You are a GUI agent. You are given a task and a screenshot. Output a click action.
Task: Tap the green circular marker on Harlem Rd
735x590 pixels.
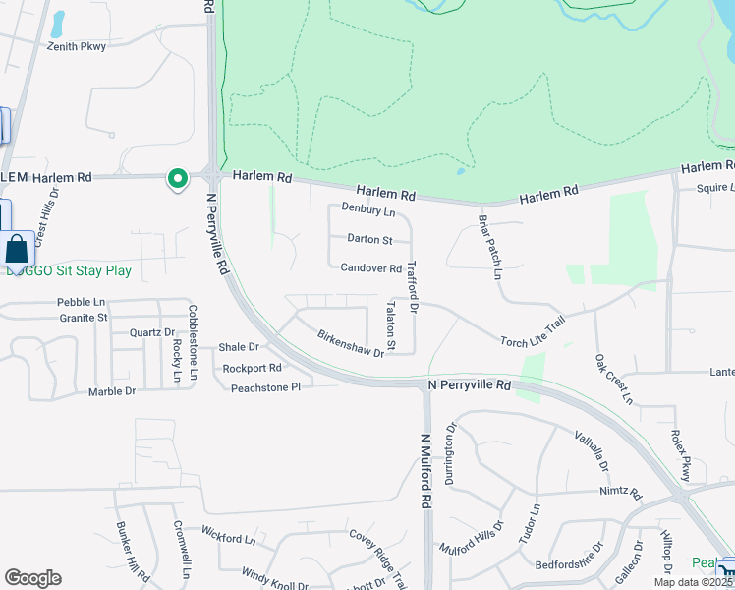click(177, 178)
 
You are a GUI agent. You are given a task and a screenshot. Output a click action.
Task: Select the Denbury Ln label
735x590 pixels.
click(368, 209)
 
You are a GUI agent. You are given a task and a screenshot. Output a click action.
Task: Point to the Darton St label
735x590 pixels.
click(369, 239)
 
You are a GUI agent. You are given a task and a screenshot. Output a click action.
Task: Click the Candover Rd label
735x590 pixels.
click(371, 268)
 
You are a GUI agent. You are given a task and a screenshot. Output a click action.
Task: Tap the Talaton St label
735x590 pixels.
click(390, 326)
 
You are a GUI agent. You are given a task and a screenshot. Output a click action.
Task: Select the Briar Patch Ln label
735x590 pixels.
click(489, 246)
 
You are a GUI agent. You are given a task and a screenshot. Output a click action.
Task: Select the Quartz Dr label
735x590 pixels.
click(152, 333)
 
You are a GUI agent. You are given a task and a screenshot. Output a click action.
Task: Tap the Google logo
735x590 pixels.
click(33, 577)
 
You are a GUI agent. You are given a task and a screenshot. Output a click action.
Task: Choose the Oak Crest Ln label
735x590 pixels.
click(613, 380)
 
